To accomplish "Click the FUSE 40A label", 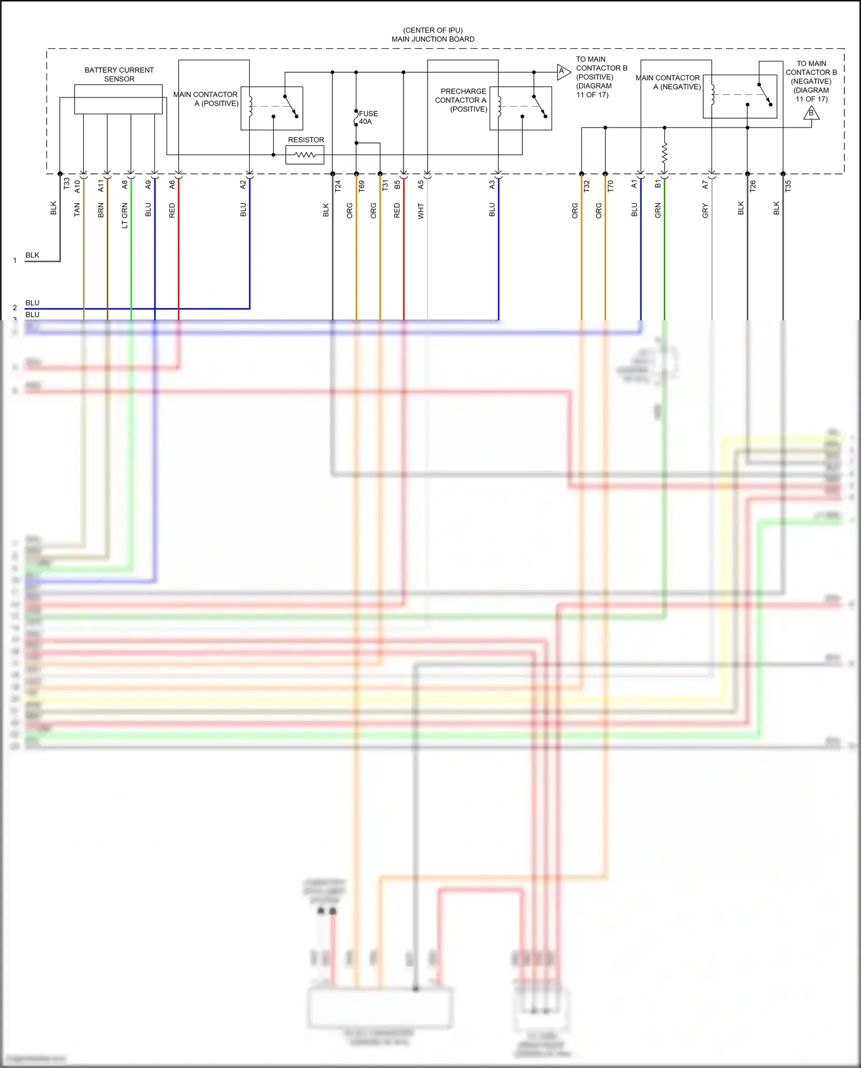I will point(368,118).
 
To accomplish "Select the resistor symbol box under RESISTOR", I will point(305,155).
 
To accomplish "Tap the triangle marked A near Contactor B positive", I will point(563,72).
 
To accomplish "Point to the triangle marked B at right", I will point(811,113).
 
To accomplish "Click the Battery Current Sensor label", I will point(119,75).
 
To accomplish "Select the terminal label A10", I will point(77,186).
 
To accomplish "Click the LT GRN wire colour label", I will point(125,216).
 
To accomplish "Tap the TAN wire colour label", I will point(77,210).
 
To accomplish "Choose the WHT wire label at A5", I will point(421,211).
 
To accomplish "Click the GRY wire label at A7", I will point(705,211).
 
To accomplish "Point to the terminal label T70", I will point(610,186).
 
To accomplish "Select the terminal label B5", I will point(397,185).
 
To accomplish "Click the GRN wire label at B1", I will point(658,211).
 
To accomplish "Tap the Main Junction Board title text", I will point(433,39).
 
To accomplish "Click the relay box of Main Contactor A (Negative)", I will point(739,96).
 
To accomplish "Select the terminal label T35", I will point(788,186).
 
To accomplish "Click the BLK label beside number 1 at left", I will point(32,255).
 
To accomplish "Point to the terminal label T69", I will point(362,186).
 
